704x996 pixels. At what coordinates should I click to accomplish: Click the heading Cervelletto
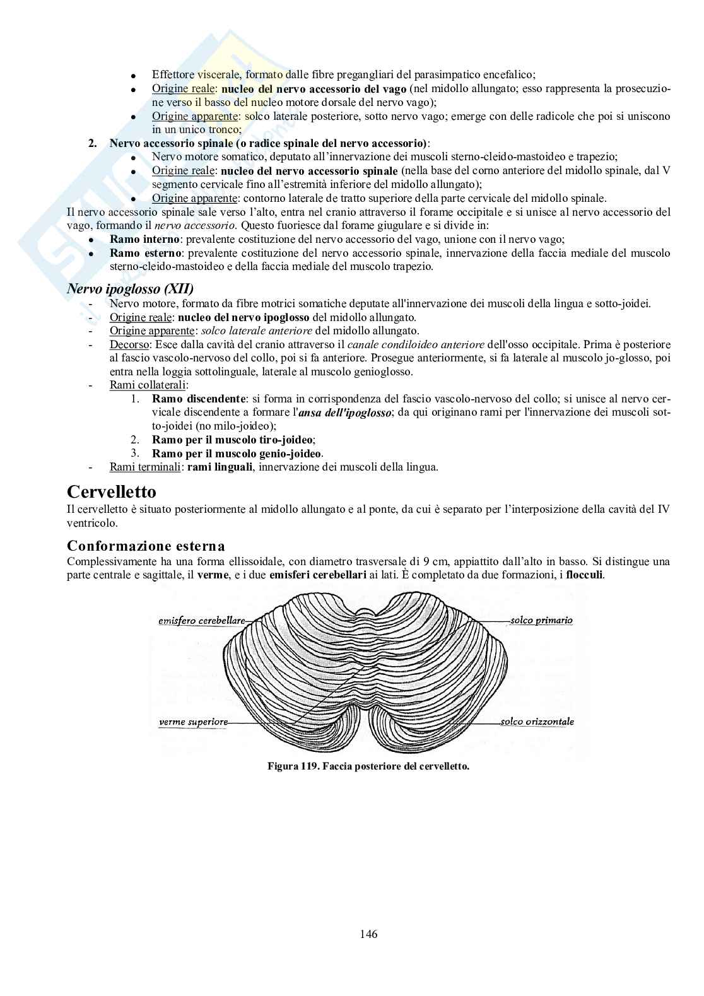coord(112,491)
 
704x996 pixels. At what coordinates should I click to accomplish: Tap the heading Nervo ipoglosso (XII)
coord(130,289)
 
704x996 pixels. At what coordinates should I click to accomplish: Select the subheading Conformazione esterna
coord(146,546)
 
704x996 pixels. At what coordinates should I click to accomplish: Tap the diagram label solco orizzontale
coord(537,721)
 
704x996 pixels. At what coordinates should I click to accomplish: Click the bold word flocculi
coord(585,575)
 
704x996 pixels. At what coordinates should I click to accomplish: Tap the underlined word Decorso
coord(129,344)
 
